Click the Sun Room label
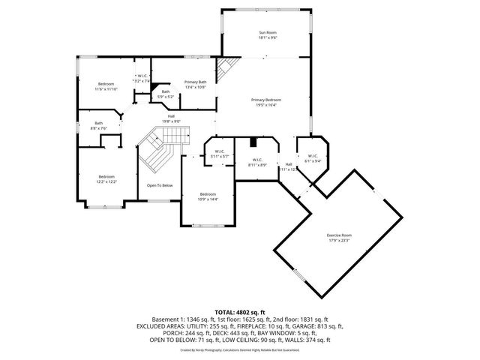268,32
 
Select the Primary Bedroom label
266,100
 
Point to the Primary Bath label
196,81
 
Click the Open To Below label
159,185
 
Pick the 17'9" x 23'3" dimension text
339,241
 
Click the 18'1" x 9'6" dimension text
268,37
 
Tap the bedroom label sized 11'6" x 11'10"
106,83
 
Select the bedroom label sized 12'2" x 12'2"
106,176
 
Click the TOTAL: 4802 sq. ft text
240,311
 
